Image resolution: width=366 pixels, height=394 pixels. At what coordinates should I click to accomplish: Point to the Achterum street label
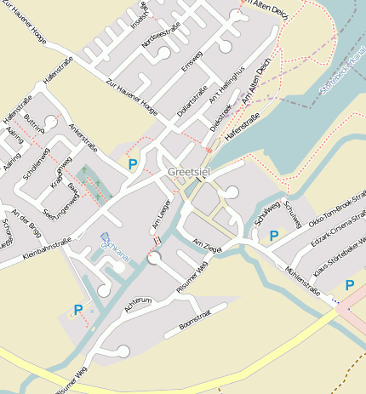(137, 302)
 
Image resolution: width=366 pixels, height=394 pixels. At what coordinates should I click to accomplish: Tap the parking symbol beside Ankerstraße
(132, 163)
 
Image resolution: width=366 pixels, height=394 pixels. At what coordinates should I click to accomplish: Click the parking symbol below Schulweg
(274, 236)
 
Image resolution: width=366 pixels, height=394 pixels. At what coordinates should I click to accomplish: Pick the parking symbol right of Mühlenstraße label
(349, 285)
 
